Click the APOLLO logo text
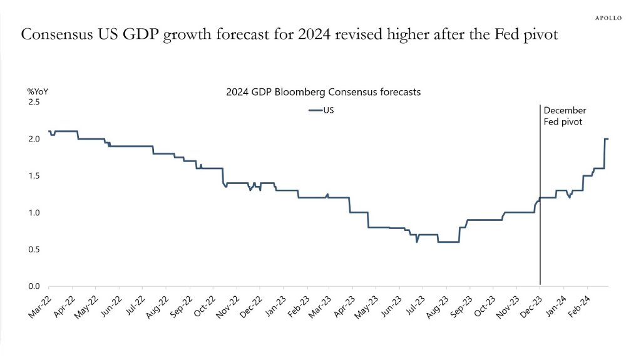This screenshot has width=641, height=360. click(x=607, y=18)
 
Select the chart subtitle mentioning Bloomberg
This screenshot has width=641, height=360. click(x=323, y=91)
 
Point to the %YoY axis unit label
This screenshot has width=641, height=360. click(x=38, y=91)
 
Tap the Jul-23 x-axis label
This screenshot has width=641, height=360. click(x=415, y=307)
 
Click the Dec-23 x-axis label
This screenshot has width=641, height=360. click(x=531, y=307)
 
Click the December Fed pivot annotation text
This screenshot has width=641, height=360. click(x=565, y=116)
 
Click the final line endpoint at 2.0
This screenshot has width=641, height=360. click(x=608, y=139)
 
